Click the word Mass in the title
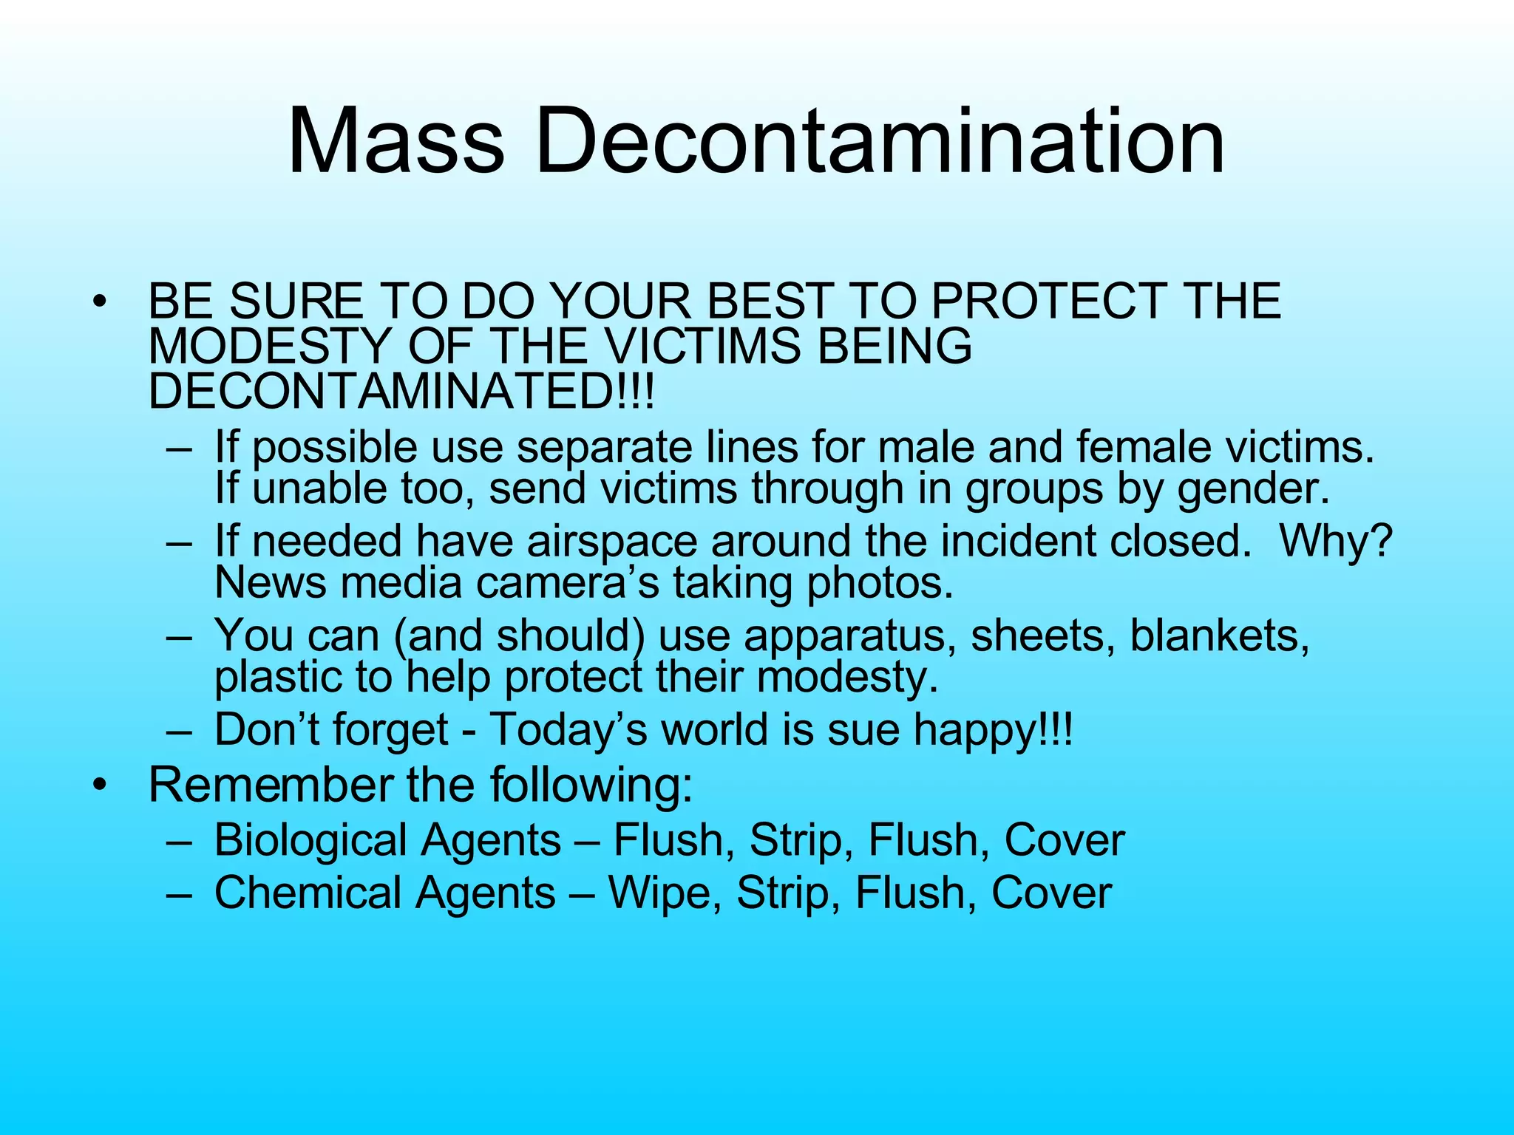(x=396, y=140)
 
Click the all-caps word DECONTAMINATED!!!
(x=401, y=391)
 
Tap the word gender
(x=1252, y=488)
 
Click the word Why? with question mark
(x=1335, y=542)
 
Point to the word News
(x=270, y=583)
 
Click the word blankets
(x=1220, y=635)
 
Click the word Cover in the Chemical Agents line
(x=1051, y=893)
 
